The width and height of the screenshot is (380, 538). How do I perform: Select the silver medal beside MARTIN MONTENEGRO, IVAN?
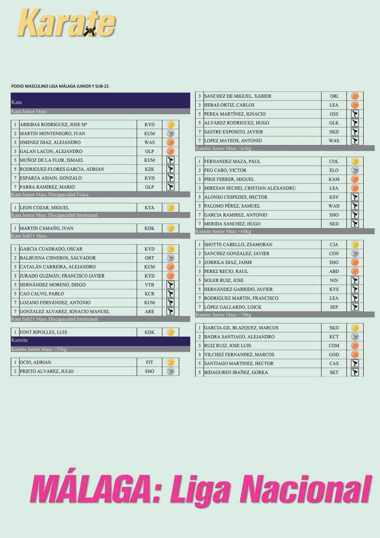coord(170,134)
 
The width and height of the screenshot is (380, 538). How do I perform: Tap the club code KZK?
coord(149,169)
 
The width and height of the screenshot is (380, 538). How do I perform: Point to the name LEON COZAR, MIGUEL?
coord(44,208)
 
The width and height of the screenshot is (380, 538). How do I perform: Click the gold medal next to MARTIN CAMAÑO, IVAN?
coord(170,228)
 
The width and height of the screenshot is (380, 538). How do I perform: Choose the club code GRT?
coord(149,258)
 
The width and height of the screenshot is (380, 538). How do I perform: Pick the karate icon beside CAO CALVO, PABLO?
coord(170,294)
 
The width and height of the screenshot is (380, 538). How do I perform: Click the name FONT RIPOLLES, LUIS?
coord(43,332)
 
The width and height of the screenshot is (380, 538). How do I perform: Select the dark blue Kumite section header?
coord(100,340)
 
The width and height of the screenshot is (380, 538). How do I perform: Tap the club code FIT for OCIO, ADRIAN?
coord(149,362)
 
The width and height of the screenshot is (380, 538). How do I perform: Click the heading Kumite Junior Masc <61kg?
coord(223,148)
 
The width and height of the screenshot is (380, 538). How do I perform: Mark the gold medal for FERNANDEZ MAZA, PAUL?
coord(355,161)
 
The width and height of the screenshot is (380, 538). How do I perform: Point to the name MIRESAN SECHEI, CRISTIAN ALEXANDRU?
coord(250,188)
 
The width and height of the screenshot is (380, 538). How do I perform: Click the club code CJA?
coord(334,245)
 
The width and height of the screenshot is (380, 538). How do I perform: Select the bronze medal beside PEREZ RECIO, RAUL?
coord(355,271)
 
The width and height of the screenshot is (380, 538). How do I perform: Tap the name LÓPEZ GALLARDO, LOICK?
coord(233,307)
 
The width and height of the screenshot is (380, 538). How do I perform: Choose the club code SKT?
coord(334,373)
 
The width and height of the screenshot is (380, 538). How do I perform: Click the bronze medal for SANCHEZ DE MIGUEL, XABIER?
coord(355,96)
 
